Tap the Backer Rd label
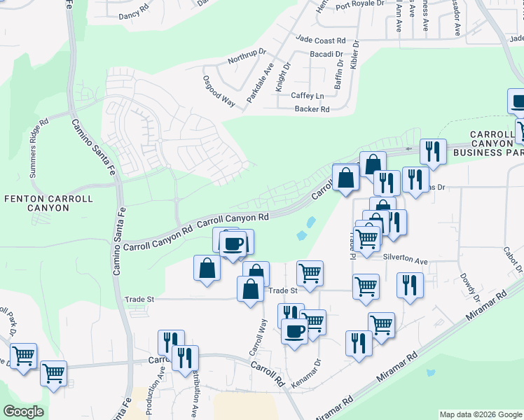tap(312, 109)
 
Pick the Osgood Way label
tap(219, 90)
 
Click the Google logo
tap(23, 412)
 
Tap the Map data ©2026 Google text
tap(480, 414)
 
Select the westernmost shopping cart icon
tap(23, 356)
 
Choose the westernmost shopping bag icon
tap(207, 268)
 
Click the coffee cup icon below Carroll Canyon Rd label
tap(234, 244)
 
